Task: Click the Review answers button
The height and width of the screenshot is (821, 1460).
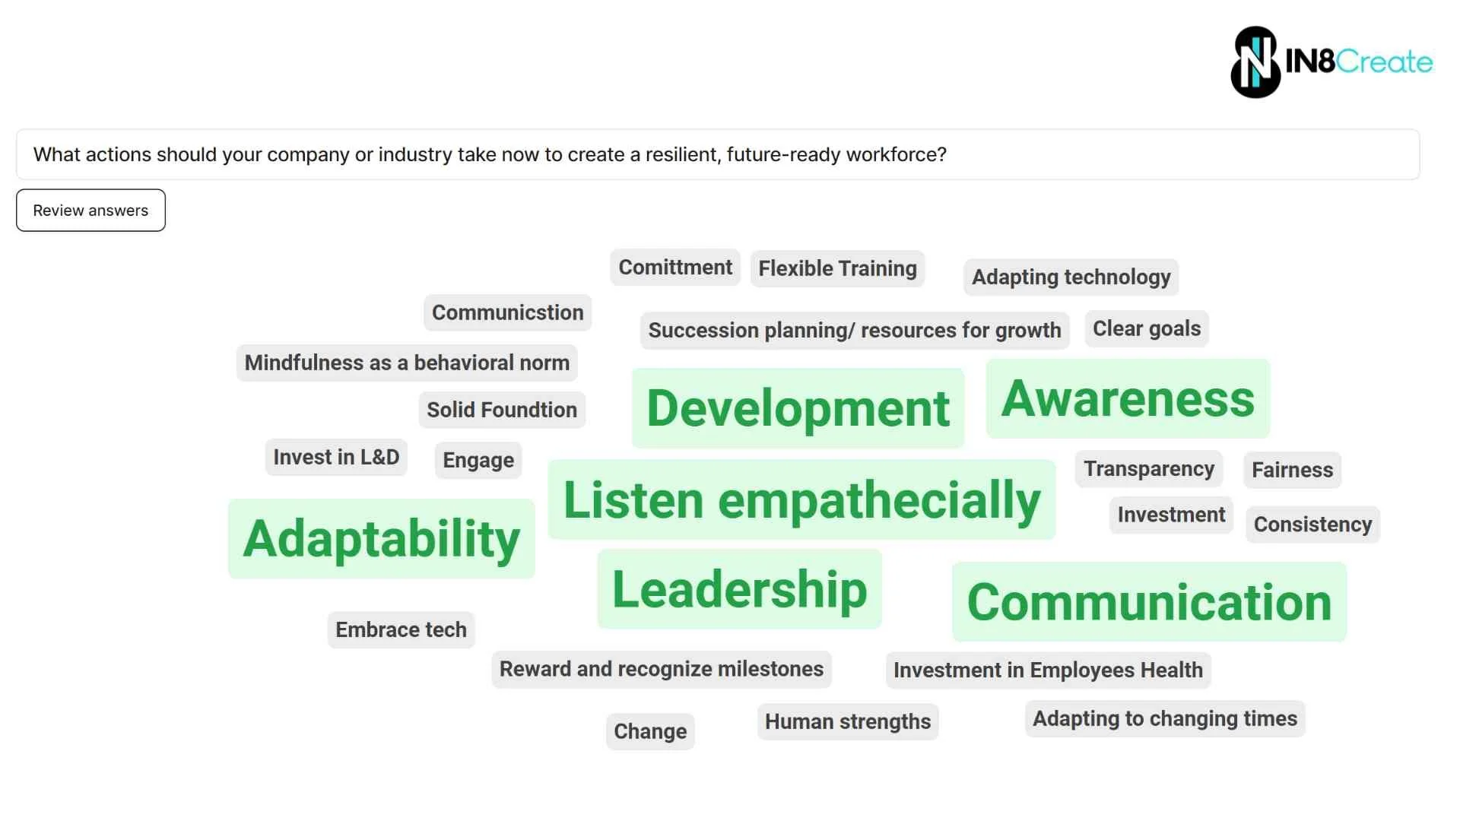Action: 90,211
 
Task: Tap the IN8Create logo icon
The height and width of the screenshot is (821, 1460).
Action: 1255,62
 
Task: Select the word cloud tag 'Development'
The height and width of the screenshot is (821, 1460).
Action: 798,408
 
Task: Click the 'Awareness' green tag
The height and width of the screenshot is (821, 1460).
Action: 1128,399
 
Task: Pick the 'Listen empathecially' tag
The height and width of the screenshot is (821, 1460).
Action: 801,500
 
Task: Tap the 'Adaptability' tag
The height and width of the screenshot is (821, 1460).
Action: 381,539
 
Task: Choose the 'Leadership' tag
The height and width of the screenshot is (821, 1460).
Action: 739,589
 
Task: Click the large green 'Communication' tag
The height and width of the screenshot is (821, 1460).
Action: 1149,602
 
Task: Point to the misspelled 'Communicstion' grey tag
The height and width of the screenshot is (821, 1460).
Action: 507,312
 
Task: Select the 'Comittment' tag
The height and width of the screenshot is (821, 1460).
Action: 675,268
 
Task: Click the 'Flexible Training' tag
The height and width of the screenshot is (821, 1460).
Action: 837,269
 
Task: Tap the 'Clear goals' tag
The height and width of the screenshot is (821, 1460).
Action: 1147,328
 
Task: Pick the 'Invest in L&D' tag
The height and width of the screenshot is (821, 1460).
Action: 336,458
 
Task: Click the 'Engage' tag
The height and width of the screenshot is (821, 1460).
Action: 478,461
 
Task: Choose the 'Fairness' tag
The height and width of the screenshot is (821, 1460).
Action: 1292,470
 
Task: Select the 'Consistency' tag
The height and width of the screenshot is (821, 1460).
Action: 1312,525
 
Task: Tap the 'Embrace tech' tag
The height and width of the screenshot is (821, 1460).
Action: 401,630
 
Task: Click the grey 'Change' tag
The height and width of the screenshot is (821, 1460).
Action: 650,731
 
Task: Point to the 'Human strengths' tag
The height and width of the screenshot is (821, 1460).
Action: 848,721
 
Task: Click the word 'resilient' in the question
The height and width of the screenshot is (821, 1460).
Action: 680,155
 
